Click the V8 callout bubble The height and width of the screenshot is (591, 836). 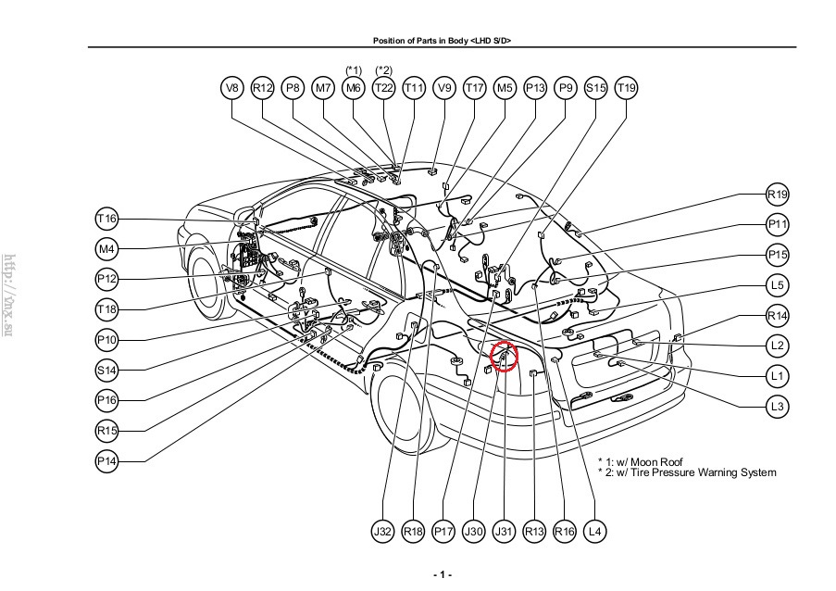click(232, 88)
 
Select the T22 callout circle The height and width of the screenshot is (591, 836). click(383, 88)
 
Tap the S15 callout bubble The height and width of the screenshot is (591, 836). click(596, 88)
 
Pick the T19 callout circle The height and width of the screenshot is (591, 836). click(627, 88)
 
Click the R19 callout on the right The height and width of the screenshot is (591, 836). click(778, 195)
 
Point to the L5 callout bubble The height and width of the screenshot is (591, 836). click(778, 285)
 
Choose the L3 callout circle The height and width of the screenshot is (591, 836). click(778, 406)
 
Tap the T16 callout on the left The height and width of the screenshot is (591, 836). click(106, 219)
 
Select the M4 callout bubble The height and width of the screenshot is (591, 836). click(106, 248)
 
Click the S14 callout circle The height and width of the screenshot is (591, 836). click(106, 370)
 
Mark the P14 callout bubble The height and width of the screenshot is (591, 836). click(106, 460)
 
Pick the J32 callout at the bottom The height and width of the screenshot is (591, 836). click(383, 532)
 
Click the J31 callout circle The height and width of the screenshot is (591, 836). click(504, 532)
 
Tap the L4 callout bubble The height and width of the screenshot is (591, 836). click(595, 532)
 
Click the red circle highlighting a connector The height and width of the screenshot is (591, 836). click(505, 356)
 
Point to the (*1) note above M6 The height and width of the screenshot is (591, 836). click(353, 70)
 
